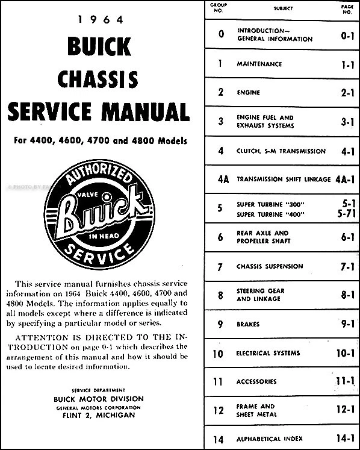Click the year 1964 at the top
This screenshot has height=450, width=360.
tap(99, 20)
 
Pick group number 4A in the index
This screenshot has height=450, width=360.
tap(221, 179)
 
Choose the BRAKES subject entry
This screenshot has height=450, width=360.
tap(249, 324)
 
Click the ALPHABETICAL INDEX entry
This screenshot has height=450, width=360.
tap(270, 439)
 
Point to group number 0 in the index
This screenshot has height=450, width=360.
tap(221, 34)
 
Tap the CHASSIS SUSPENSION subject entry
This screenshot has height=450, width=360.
tap(270, 266)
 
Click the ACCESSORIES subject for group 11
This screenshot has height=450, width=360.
tap(257, 381)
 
